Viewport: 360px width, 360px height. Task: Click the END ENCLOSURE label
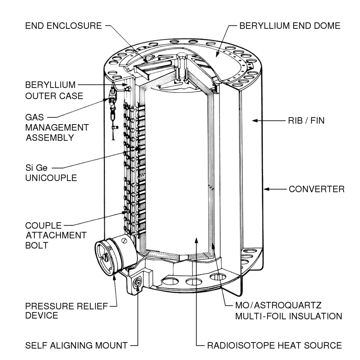point(63,26)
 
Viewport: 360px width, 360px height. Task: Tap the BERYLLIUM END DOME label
point(290,26)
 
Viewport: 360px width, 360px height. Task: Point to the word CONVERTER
point(316,189)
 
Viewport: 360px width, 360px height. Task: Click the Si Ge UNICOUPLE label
point(51,173)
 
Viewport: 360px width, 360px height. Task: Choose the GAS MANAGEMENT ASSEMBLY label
point(57,127)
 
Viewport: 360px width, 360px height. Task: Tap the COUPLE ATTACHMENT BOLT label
point(56,235)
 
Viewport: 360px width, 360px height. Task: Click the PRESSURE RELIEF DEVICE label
point(66,311)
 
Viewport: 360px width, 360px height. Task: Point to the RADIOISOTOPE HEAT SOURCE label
point(274,346)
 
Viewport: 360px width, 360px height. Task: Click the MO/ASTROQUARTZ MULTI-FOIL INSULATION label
point(288,311)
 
